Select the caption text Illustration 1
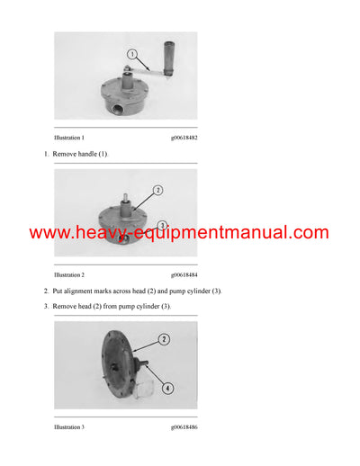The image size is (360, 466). tap(69, 138)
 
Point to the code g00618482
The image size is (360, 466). tap(184, 138)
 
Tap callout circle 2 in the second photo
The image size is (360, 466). tap(157, 190)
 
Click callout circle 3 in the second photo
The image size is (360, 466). tap(162, 225)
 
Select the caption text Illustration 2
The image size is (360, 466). tap(69, 274)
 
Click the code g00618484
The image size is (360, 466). tap(184, 274)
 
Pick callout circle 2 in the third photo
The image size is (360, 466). tap(164, 339)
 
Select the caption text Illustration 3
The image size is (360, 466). tap(69, 426)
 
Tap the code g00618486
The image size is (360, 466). tap(184, 426)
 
